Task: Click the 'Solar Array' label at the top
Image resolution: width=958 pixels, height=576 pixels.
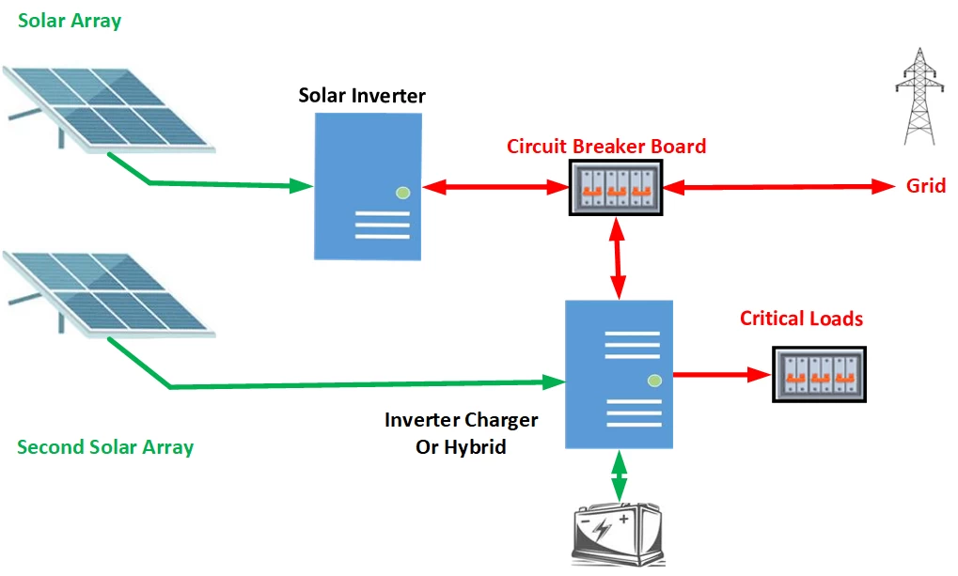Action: [70, 21]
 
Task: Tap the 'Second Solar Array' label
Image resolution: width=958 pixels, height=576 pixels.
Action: [105, 447]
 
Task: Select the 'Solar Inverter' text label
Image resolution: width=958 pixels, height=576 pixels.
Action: [362, 96]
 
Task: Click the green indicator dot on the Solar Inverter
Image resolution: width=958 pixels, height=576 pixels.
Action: [403, 193]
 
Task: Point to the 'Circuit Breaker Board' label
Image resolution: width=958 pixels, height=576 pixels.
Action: [606, 147]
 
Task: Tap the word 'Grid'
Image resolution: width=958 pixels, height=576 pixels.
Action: [925, 186]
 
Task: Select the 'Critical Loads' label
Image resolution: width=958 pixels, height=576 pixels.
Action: [801, 319]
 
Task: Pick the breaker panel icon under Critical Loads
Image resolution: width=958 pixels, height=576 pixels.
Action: [819, 375]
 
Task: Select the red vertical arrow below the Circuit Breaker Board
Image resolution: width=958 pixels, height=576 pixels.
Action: [618, 258]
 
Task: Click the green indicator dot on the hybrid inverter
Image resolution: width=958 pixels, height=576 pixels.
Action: [654, 381]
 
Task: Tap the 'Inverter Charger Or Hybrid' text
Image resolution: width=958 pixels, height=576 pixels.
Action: [461, 433]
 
